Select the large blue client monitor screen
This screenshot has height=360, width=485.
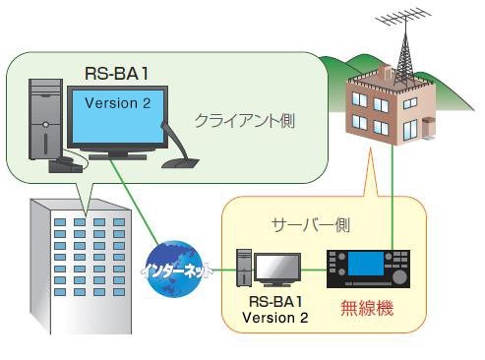(116, 118)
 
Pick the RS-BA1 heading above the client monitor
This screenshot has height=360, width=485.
(116, 73)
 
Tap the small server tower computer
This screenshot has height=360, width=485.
(243, 270)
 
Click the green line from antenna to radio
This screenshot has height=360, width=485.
(394, 197)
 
